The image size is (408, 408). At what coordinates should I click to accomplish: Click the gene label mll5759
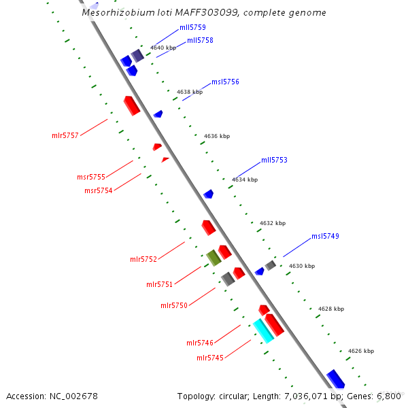(192, 28)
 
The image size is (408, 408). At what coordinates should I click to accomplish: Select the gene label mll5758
(200, 40)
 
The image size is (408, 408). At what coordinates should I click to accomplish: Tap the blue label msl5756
(225, 82)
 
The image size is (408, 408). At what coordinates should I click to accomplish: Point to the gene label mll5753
(274, 160)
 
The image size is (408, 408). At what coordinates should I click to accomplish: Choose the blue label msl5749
(325, 237)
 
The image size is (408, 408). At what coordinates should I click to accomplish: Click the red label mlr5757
(65, 135)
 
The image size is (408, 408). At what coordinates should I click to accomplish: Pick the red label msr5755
(90, 177)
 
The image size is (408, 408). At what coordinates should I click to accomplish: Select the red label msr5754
(98, 190)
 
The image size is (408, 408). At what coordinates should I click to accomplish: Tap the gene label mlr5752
(143, 259)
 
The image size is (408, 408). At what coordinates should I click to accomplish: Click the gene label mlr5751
(159, 284)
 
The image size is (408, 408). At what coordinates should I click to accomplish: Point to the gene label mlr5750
(174, 306)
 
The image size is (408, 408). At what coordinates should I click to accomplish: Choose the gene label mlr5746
(200, 343)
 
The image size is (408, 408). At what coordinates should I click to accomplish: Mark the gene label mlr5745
(210, 358)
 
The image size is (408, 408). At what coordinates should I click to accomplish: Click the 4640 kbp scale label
(163, 48)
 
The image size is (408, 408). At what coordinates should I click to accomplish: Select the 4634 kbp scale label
(245, 180)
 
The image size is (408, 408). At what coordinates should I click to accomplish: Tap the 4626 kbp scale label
(361, 352)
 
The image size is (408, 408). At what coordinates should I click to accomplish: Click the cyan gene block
(263, 330)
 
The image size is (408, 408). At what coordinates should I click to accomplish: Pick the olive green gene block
(214, 257)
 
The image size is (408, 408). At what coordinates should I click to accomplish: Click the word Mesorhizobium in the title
(115, 12)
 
